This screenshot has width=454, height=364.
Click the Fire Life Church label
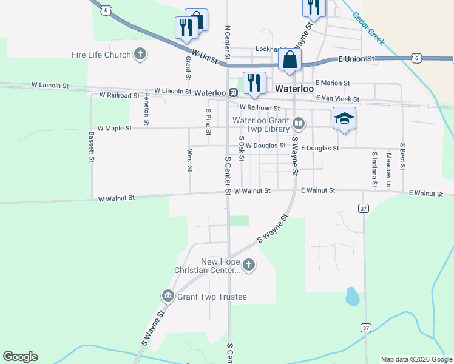(x=101, y=55)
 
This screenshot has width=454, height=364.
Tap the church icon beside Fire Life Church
(x=140, y=55)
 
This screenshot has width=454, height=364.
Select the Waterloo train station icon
(x=232, y=92)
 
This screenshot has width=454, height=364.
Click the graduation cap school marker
(x=344, y=118)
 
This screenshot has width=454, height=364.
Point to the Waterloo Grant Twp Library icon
(x=298, y=124)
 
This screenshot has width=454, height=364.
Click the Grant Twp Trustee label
(x=212, y=297)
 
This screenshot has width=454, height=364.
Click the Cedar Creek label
(x=368, y=29)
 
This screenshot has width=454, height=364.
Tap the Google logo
(x=20, y=357)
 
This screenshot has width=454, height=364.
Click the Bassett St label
(x=92, y=147)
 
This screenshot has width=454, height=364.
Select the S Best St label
(x=402, y=157)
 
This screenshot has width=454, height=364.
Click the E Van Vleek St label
(x=337, y=98)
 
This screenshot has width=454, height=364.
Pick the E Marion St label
(x=332, y=83)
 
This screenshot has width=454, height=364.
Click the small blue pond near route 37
(x=351, y=296)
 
